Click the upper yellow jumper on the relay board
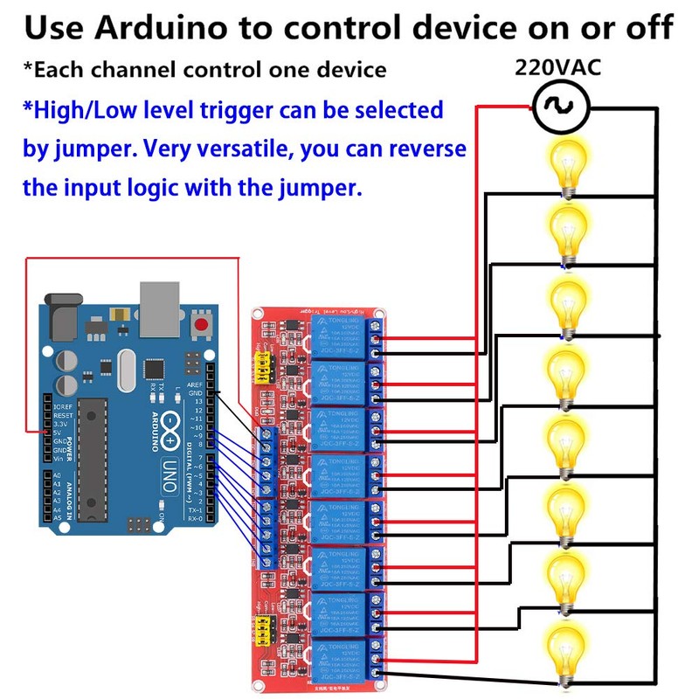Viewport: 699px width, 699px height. (x=260, y=370)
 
